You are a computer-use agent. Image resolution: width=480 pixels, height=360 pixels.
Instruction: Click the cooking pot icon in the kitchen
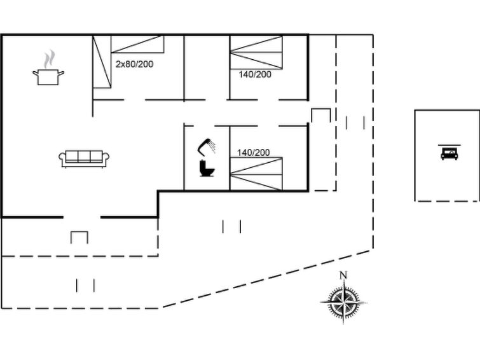(x=48, y=77)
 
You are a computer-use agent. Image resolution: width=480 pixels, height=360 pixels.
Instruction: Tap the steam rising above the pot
(x=48, y=60)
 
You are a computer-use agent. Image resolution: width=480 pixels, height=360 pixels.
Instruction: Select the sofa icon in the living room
(x=85, y=158)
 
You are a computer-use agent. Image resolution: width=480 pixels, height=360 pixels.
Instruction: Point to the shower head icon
(x=207, y=147)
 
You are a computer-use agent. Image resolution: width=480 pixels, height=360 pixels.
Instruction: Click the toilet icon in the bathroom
(x=207, y=169)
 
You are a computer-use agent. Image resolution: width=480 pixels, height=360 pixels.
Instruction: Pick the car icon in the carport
(x=449, y=153)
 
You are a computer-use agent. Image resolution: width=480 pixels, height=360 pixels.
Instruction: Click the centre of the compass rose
(x=343, y=301)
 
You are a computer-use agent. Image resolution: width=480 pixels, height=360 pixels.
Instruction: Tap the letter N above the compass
(x=343, y=275)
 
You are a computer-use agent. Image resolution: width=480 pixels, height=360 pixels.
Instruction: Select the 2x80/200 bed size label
(x=134, y=64)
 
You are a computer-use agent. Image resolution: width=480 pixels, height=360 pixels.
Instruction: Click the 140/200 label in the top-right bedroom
(x=254, y=74)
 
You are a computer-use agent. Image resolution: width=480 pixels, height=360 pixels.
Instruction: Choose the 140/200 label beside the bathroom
(x=253, y=153)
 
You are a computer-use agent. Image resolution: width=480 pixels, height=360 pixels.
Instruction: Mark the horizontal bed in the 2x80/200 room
(x=138, y=44)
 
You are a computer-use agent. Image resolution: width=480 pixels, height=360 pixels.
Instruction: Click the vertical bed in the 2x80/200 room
(x=102, y=62)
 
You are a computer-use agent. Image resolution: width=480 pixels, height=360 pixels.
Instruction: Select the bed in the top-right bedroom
(x=256, y=52)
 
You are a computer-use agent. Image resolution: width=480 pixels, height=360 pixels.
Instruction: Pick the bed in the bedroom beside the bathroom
(x=256, y=174)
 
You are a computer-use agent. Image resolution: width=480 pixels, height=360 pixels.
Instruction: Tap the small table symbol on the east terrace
(x=321, y=115)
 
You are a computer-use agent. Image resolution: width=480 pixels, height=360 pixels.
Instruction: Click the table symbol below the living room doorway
(x=79, y=237)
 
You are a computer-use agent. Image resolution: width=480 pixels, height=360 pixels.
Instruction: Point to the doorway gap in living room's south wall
(x=81, y=217)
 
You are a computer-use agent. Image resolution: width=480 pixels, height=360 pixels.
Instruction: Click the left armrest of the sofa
(x=63, y=159)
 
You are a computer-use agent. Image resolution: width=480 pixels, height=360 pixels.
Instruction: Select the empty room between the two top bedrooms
(x=206, y=67)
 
